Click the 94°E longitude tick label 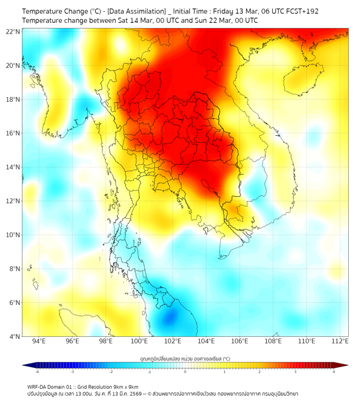39,341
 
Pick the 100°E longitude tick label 140,341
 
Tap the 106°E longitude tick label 240,341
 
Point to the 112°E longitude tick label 340,341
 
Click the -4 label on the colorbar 36,372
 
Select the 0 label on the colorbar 185,372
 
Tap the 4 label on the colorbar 334,372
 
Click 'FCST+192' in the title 302,11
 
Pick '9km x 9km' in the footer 126,386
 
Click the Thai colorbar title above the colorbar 185,359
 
